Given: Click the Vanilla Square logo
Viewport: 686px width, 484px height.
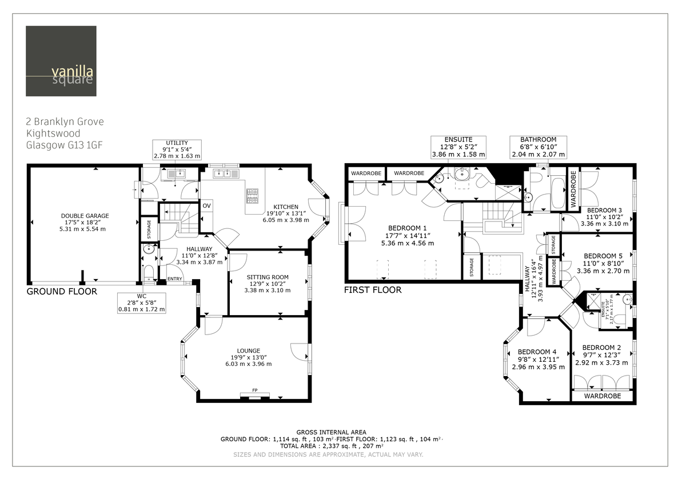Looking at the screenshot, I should coord(61,61).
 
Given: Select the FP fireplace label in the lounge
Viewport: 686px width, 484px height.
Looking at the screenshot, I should coord(255,390).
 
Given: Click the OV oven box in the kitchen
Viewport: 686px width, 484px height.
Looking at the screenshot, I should coord(206,206).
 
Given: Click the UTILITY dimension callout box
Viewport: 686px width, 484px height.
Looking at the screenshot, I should coord(177,150).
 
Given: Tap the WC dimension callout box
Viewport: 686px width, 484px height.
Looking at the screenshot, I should coord(141,302).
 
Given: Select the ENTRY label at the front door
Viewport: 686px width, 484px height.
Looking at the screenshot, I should coord(174,279).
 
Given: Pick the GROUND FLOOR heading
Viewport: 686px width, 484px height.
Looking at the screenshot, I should coord(62,292).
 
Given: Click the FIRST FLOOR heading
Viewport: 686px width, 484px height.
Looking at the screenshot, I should coord(372,290).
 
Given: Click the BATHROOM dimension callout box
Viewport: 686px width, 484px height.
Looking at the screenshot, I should coord(538,147).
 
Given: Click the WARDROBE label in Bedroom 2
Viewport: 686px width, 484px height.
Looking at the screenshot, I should coord(602,396).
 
